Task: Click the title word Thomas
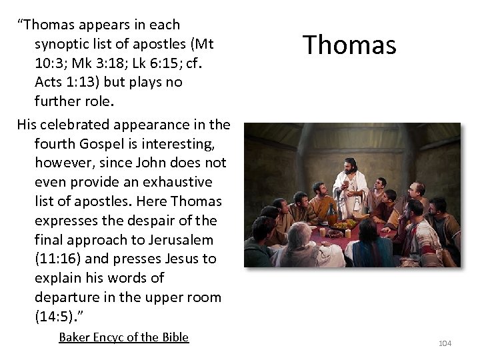click(349, 45)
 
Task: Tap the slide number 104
click(445, 343)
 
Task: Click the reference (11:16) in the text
click(58, 259)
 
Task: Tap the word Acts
click(49, 83)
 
